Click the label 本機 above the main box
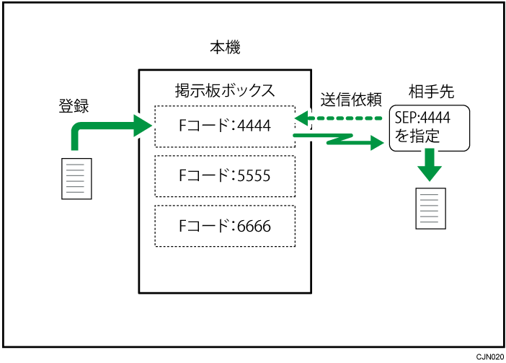coord(224,49)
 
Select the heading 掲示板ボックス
coord(224,91)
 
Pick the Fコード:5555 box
coord(224,175)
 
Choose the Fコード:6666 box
coord(224,225)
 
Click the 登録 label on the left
coord(74,105)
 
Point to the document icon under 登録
coord(76,178)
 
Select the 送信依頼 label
coord(350,98)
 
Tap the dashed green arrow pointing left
coord(339,118)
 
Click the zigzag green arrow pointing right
coord(339,139)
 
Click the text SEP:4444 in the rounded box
coord(423,118)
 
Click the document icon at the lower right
coord(430,207)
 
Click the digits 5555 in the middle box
coord(254,175)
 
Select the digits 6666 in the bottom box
coord(254,225)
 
